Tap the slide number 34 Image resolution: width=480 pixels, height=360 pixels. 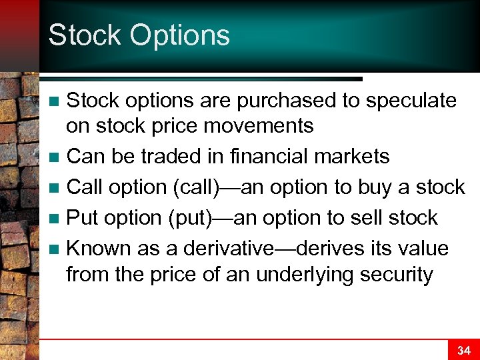click(x=463, y=350)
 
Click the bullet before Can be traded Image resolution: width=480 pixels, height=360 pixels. click(x=56, y=158)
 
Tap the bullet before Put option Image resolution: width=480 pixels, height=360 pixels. click(x=56, y=219)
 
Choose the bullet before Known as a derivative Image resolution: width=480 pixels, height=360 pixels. click(x=56, y=249)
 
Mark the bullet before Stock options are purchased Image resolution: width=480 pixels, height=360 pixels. click(x=56, y=102)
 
